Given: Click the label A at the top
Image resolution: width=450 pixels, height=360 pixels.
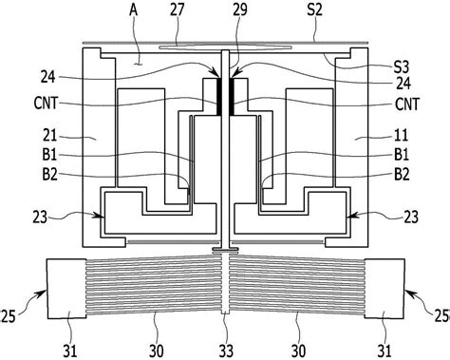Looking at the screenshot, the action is [x=134, y=10].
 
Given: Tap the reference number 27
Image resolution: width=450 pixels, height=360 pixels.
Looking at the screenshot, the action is [x=177, y=10].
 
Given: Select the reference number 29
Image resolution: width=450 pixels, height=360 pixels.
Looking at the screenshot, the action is [x=240, y=10].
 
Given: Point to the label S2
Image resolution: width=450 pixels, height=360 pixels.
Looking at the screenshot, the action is [x=314, y=10].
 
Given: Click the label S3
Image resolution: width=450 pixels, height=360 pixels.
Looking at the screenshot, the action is [x=402, y=66].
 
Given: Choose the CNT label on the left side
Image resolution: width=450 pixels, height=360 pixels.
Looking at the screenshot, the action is [x=47, y=104].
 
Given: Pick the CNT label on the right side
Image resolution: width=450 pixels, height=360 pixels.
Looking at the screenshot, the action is [x=407, y=104].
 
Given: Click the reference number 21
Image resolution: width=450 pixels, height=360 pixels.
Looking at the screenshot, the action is [x=50, y=136].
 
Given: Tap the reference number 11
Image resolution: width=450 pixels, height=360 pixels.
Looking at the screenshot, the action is [x=402, y=136].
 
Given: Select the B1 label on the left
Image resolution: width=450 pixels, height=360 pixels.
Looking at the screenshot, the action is [x=50, y=155].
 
